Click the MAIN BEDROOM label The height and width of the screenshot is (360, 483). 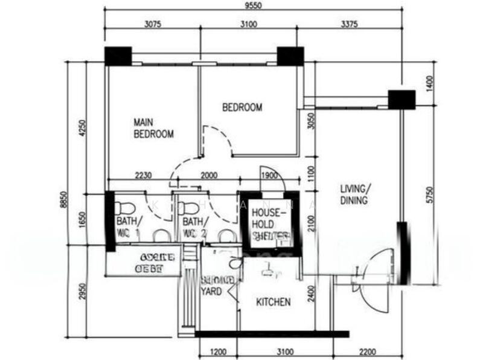click(x=153, y=128)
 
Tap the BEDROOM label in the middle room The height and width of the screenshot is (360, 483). click(x=242, y=108)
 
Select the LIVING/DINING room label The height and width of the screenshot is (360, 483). click(x=353, y=194)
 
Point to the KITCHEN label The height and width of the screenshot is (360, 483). click(x=273, y=302)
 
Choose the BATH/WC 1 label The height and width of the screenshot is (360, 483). click(x=128, y=228)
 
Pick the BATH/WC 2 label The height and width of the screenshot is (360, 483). click(x=194, y=228)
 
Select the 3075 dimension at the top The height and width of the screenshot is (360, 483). click(x=152, y=25)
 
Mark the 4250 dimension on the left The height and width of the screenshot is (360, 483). click(x=83, y=129)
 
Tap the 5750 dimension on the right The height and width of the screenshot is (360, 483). click(x=429, y=194)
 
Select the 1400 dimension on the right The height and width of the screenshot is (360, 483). click(x=429, y=82)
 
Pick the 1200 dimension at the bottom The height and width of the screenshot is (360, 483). click(x=218, y=351)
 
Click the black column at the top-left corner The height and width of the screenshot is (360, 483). click(x=118, y=56)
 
